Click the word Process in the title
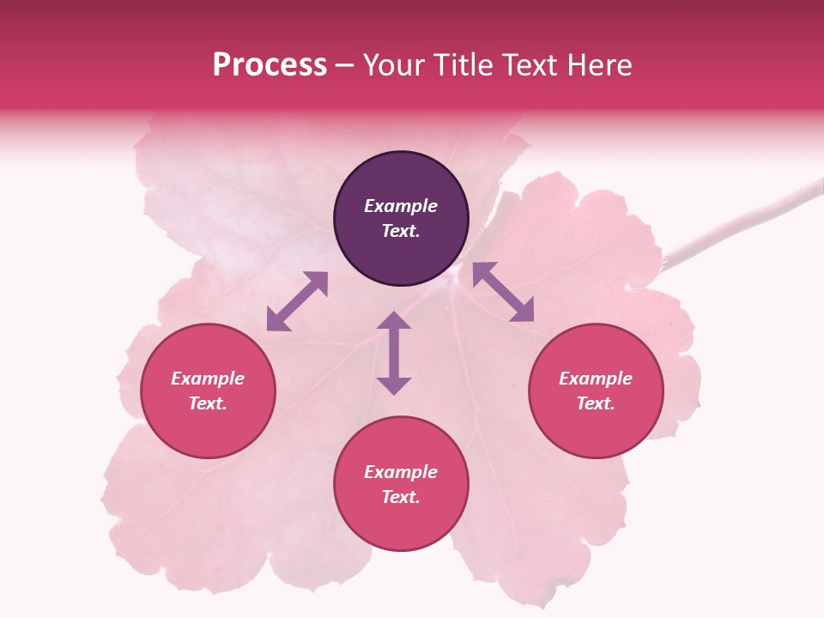pyautogui.click(x=270, y=65)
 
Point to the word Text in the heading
pyautogui.click(x=526, y=65)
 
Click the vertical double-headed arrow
pyautogui.click(x=394, y=354)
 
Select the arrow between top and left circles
pyautogui.click(x=297, y=301)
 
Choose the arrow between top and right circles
pyautogui.click(x=503, y=292)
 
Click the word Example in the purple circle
pyautogui.click(x=401, y=206)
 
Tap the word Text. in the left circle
pyautogui.click(x=208, y=403)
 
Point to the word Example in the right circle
pyautogui.click(x=596, y=379)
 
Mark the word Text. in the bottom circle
pyautogui.click(x=401, y=497)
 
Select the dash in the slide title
pyautogui.click(x=344, y=66)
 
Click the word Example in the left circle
pyautogui.click(x=208, y=379)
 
